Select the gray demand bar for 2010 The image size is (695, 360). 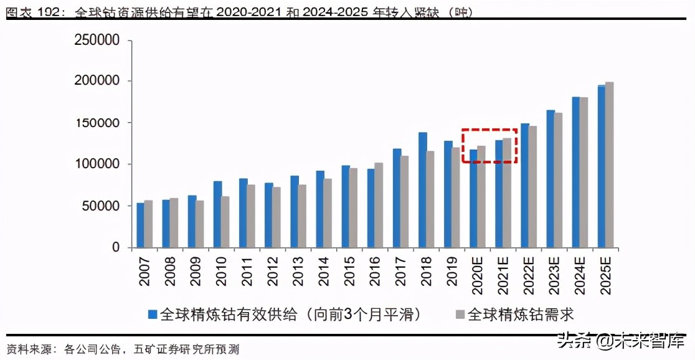[x=225, y=222]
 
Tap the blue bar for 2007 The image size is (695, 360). [x=140, y=225]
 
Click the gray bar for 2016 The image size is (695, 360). [x=379, y=205]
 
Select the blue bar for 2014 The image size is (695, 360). [x=320, y=209]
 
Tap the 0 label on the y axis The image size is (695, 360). [x=115, y=248]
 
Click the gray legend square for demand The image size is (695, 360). [x=460, y=315]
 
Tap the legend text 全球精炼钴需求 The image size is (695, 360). [x=520, y=315]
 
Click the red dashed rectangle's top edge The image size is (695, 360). [x=489, y=130]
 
